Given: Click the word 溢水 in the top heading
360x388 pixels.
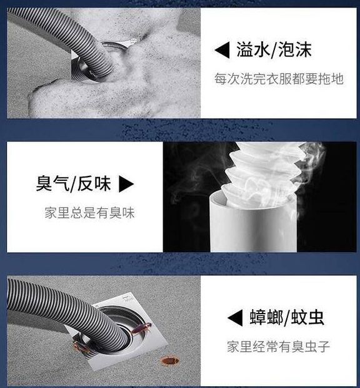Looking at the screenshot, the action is [x=252, y=49].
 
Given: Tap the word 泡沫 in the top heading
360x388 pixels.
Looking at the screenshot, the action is [x=294, y=49].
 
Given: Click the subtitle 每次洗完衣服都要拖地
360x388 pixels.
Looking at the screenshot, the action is [x=279, y=79].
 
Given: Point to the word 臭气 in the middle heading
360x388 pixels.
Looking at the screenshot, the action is [x=52, y=183].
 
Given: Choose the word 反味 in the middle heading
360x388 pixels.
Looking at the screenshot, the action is [x=94, y=183].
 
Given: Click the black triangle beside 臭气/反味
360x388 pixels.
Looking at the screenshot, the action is [x=126, y=184].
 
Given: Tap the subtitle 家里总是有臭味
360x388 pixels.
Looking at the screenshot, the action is [x=89, y=213].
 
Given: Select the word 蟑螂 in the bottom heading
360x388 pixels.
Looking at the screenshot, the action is [x=266, y=317].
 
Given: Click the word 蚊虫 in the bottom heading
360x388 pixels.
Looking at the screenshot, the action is [x=307, y=317].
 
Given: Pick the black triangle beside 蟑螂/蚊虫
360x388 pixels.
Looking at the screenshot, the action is [x=235, y=317].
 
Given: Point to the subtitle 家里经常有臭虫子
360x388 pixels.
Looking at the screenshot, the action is [x=279, y=347].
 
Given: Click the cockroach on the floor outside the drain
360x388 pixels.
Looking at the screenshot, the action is [x=169, y=360].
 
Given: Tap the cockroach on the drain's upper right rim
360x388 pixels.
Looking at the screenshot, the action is [x=141, y=329].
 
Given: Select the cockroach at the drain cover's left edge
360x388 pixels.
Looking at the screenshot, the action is [x=81, y=347].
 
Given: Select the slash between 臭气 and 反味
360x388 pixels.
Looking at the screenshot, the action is [x=73, y=184].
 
